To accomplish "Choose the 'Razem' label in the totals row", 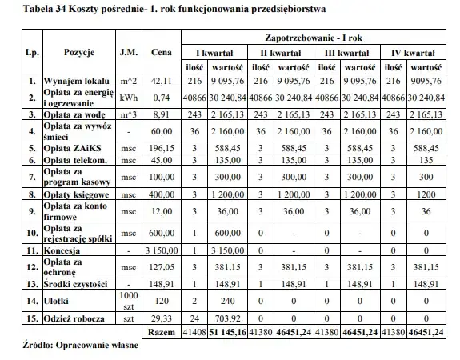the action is (x=162, y=330).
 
